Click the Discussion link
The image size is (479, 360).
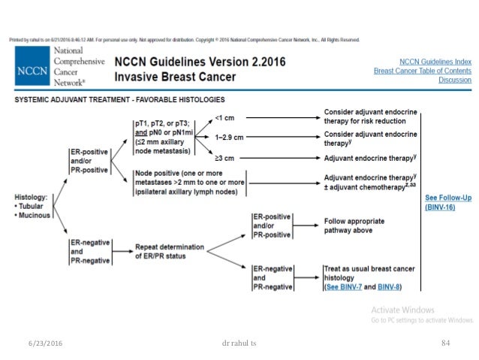tap(456, 80)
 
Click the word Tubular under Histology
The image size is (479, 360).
tap(34, 206)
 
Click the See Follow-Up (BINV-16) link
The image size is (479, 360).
tap(447, 201)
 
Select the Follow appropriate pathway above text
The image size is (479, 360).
tap(354, 225)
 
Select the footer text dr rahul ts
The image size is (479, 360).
tap(239, 343)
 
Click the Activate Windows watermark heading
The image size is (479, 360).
tap(402, 310)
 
